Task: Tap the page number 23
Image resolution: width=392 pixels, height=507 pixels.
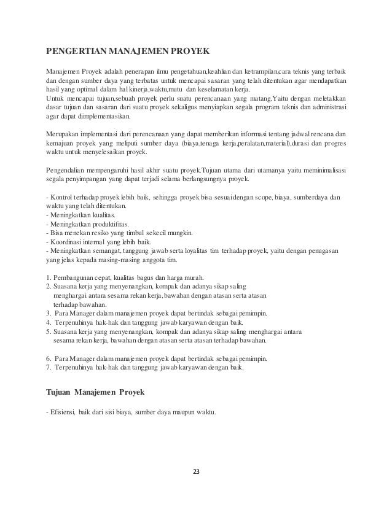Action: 196,472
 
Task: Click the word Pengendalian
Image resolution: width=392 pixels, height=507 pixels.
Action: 69,170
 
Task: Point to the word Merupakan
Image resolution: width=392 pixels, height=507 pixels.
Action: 66,134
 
